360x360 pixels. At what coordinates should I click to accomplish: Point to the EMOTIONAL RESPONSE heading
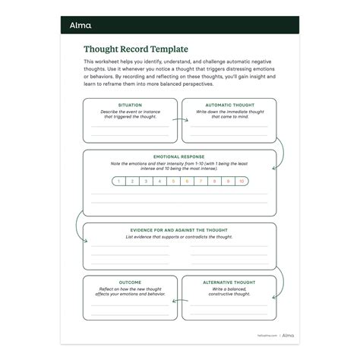pyautogui.click(x=179, y=156)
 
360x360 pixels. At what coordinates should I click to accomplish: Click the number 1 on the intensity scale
pyautogui.click(x=118, y=182)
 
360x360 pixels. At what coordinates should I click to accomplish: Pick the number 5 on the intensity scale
pyautogui.click(x=173, y=182)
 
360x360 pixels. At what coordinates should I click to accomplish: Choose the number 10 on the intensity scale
pyautogui.click(x=242, y=182)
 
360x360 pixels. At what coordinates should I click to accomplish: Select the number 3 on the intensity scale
pyautogui.click(x=145, y=182)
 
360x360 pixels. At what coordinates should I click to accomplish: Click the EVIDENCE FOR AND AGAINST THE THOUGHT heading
pyautogui.click(x=179, y=229)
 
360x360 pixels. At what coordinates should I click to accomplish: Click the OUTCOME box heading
pyautogui.click(x=130, y=281)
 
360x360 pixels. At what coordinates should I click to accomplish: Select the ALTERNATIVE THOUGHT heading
pyautogui.click(x=229, y=281)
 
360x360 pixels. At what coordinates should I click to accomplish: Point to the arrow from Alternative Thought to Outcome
pyautogui.click(x=179, y=297)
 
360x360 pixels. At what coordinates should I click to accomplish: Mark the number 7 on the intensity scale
pyautogui.click(x=201, y=182)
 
